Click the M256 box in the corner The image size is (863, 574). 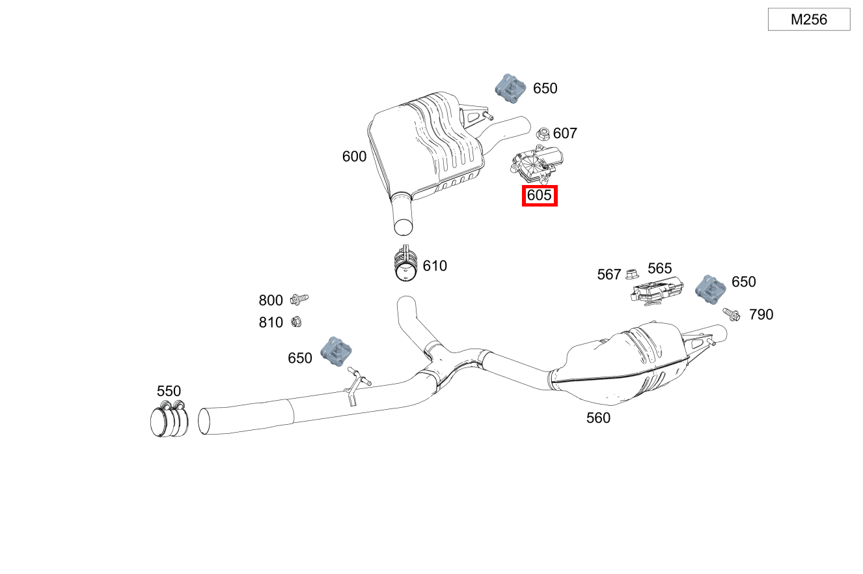808,20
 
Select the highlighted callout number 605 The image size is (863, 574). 540,195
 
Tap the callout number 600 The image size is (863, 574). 354,157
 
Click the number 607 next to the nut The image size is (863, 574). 565,134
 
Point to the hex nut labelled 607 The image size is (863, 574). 543,134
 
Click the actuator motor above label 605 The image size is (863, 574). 538,164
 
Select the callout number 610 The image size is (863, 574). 435,266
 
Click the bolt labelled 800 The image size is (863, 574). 299,299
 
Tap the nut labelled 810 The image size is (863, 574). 294,321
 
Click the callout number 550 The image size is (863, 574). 169,392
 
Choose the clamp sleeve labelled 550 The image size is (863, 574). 169,420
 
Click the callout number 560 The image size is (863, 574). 598,418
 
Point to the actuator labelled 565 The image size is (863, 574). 656,290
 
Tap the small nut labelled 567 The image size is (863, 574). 631,274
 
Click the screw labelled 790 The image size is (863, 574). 731,315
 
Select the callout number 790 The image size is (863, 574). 761,315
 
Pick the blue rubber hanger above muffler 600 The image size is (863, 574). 510,88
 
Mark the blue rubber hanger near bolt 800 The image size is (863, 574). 336,352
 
